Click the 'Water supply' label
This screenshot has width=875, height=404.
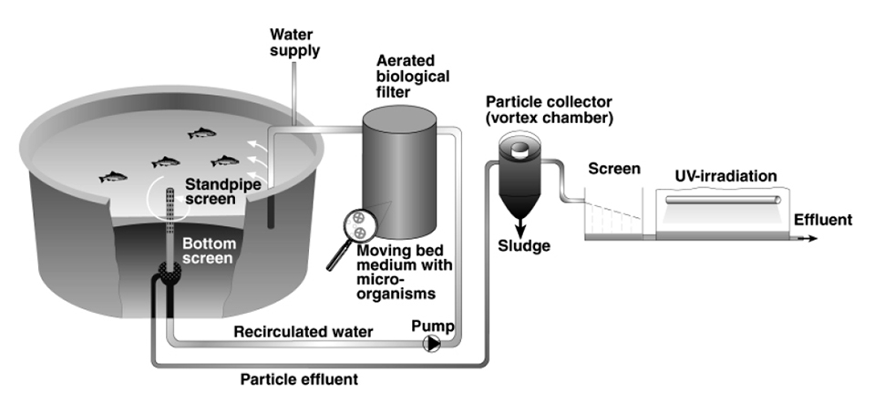[294, 42]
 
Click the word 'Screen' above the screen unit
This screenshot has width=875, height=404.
[613, 170]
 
